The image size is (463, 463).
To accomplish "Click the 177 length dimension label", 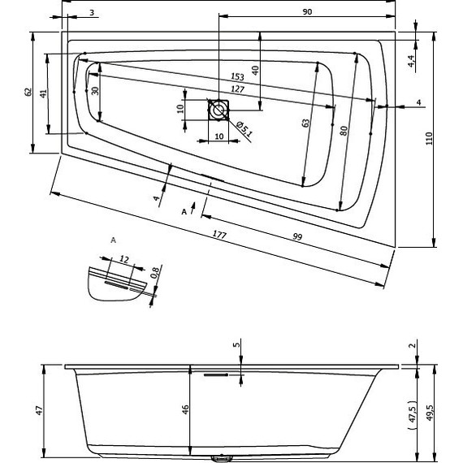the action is [219, 235].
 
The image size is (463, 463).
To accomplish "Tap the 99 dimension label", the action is [297, 237].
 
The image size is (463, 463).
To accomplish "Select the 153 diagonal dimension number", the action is [237, 77].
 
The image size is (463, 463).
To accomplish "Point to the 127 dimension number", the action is [238, 89].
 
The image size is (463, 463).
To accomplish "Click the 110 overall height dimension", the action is [429, 138].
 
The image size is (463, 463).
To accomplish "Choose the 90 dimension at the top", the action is [307, 12].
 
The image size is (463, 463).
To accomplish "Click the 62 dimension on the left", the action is [28, 92].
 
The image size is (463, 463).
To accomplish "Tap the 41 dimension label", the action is [43, 94].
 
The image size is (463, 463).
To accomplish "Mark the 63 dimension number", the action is [306, 123].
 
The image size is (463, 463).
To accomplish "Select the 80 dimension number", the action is [344, 131].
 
